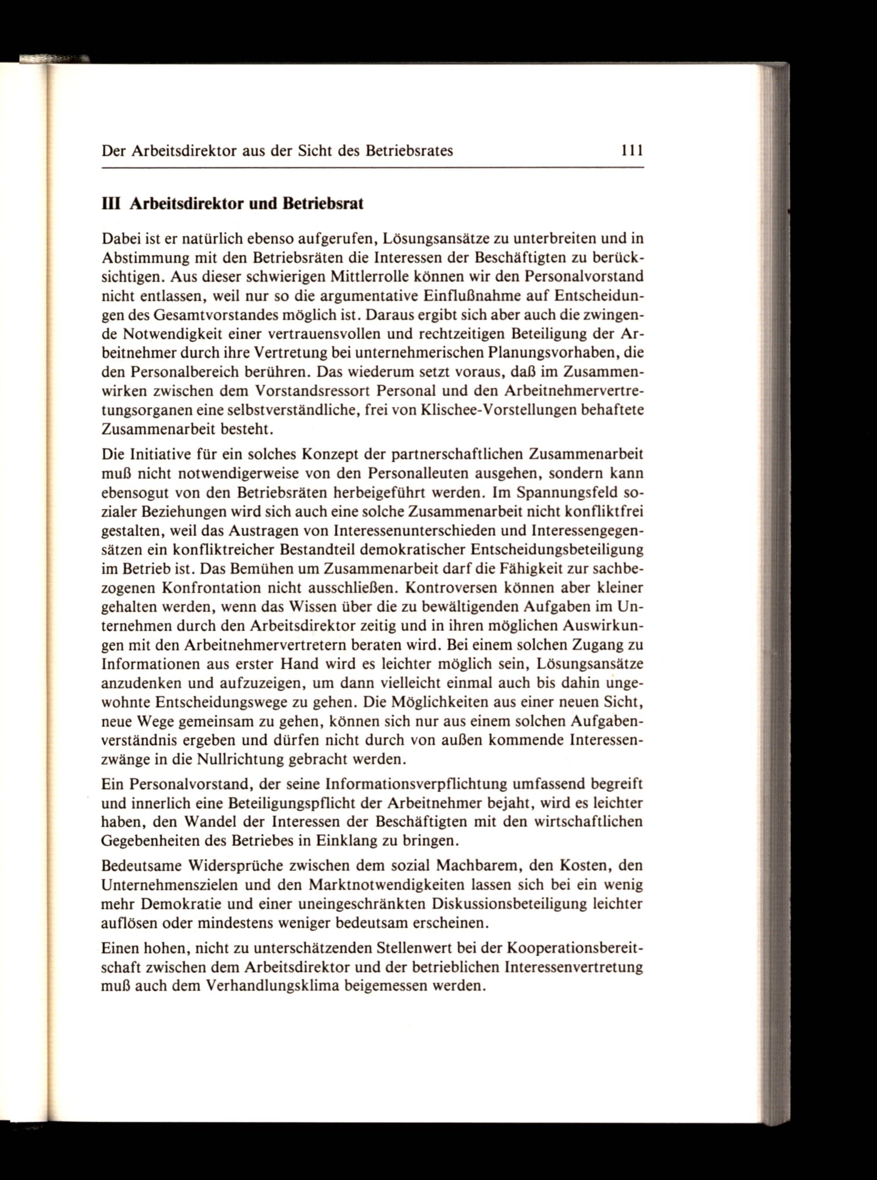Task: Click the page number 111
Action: point(632,151)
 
